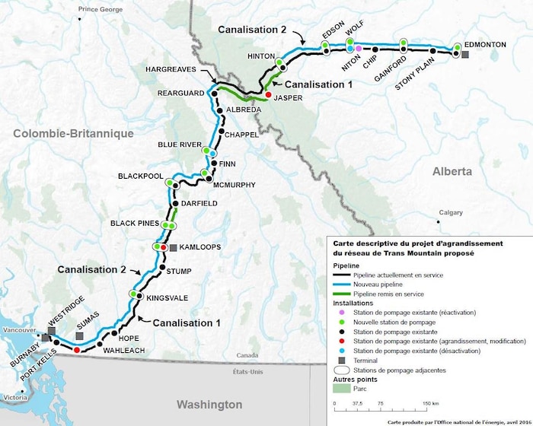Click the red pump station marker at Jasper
pyautogui.click(x=268, y=94)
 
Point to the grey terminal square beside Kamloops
pyautogui.click(x=173, y=248)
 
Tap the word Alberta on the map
pyautogui.click(x=452, y=171)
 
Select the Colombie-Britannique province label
pyautogui.click(x=73, y=133)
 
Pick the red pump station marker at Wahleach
pyautogui.click(x=77, y=350)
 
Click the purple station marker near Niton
pyautogui.click(x=358, y=49)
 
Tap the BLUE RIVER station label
pyautogui.click(x=179, y=144)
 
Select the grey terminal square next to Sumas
pyautogui.click(x=81, y=335)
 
